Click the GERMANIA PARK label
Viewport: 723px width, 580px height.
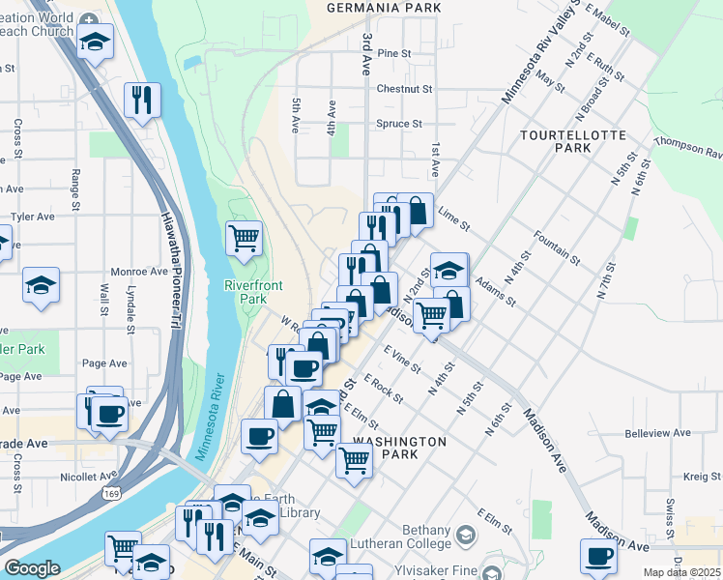(x=384, y=8)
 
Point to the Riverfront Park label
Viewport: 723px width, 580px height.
(x=245, y=292)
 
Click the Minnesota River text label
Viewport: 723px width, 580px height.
(x=209, y=417)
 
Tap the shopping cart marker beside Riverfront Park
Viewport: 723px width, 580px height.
(x=244, y=236)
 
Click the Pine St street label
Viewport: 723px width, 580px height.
(x=394, y=53)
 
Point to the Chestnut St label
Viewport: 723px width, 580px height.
(x=404, y=89)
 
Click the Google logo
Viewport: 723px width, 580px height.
(x=32, y=568)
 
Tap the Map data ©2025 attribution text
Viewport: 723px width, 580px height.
(x=682, y=572)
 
